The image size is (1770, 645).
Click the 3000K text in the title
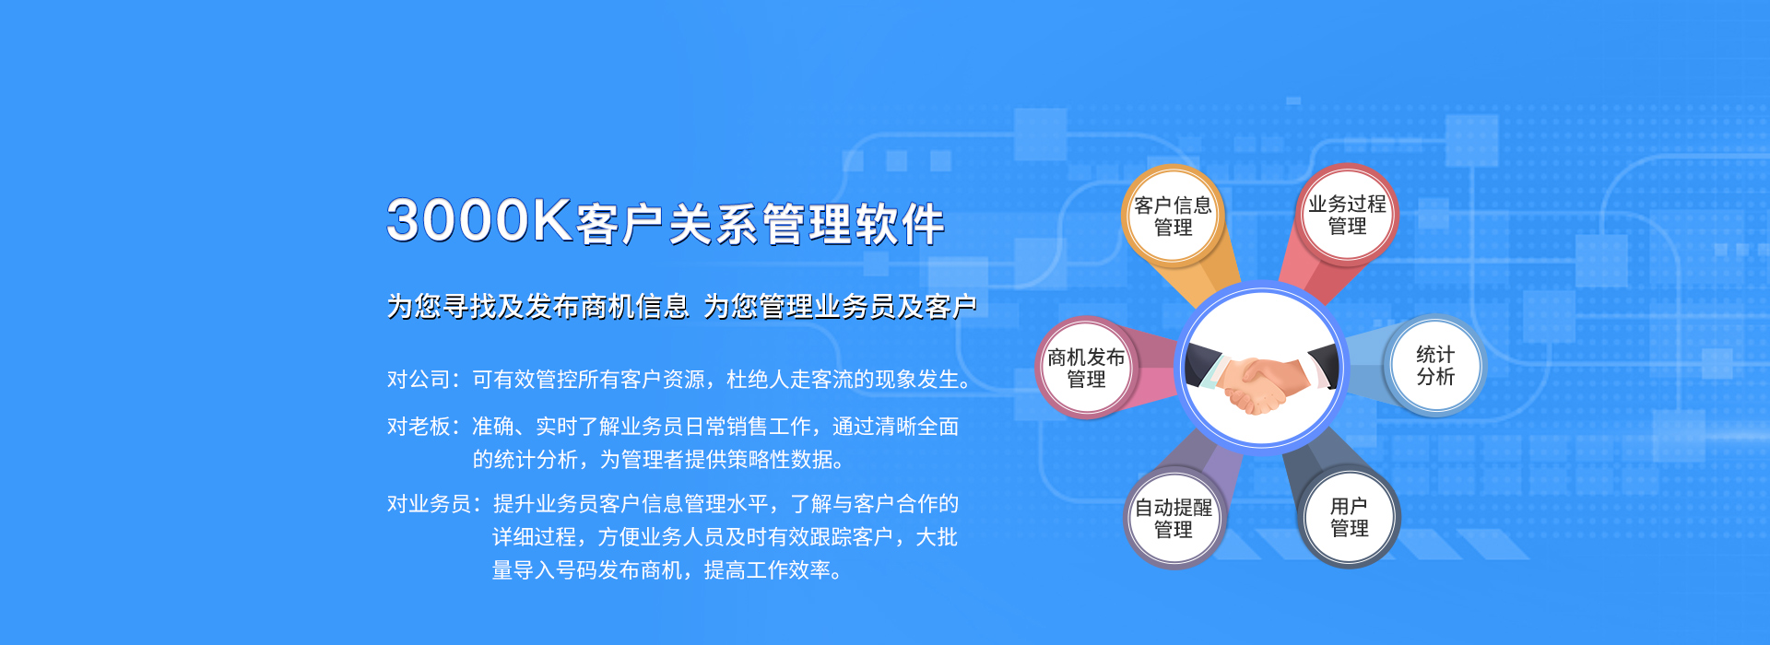[x=479, y=221]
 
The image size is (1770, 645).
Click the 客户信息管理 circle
[x=1173, y=216]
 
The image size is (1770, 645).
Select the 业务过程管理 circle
[x=1347, y=215]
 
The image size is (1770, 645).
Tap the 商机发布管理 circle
[x=1086, y=368]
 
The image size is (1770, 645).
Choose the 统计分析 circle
[x=1435, y=366]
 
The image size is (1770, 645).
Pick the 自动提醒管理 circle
[x=1174, y=518]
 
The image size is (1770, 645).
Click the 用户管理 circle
[x=1349, y=517]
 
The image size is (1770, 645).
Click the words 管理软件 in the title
[x=854, y=224]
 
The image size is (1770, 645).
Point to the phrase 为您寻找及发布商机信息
[x=537, y=306]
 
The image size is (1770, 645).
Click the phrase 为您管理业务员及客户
[x=840, y=306]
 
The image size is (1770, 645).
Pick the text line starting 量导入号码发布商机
[x=667, y=570]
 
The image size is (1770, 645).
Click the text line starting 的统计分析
[x=658, y=459]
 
